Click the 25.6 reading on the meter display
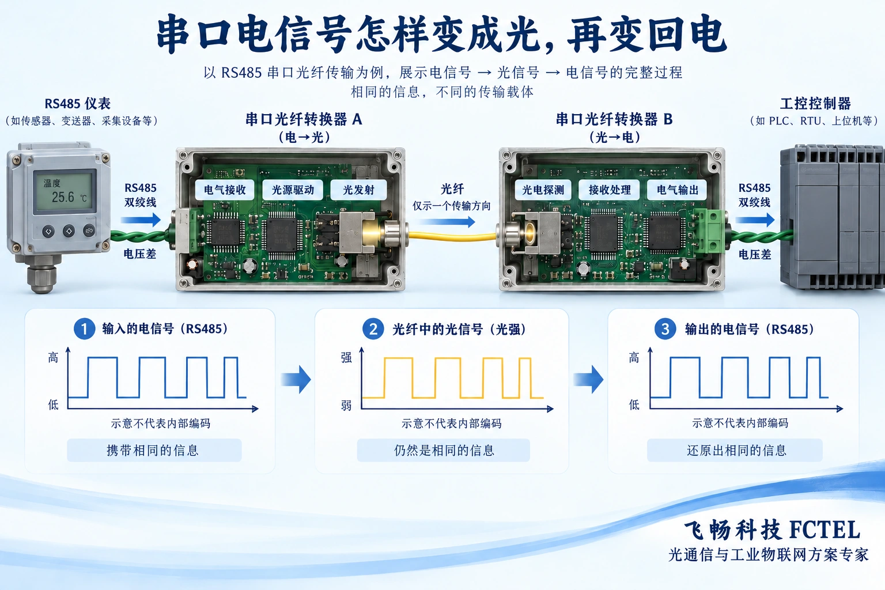click(63, 197)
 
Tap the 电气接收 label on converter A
click(225, 190)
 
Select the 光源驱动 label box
click(293, 190)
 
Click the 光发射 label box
click(358, 190)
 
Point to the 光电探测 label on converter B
click(543, 190)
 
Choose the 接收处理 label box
click(610, 190)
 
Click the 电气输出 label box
click(677, 190)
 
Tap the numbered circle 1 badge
click(84, 329)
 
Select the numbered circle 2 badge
click(373, 329)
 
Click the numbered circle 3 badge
click(665, 329)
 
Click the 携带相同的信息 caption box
click(154, 450)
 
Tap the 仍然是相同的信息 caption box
click(443, 450)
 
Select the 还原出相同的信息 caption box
click(735, 450)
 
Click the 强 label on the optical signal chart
click(346, 358)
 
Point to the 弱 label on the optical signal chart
click(346, 405)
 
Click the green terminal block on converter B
click(710, 230)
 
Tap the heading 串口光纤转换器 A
click(304, 119)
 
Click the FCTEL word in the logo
click(825, 530)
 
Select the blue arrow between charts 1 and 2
click(296, 379)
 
